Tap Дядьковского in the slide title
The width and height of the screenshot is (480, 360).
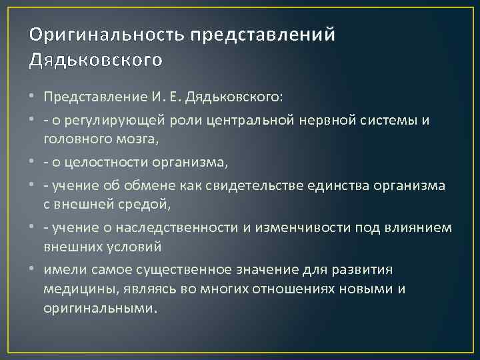tap(96, 60)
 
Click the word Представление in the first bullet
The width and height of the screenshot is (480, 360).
tap(90, 97)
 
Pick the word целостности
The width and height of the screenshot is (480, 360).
tap(107, 163)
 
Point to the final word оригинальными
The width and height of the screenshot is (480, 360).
tap(101, 309)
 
